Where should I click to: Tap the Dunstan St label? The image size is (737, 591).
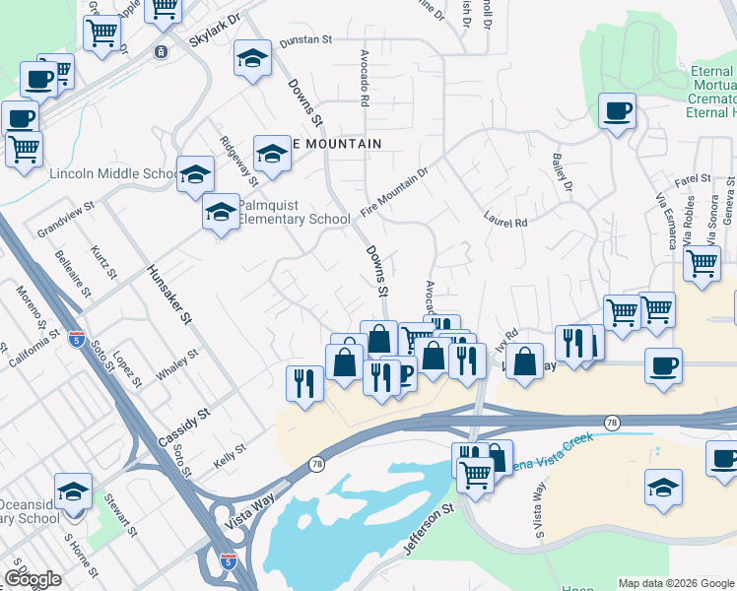305,40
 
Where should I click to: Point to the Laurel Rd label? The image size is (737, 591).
505,221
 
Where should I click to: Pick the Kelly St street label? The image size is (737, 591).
229,454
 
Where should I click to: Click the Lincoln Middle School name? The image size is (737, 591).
111,175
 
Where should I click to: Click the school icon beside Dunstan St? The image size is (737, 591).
252,58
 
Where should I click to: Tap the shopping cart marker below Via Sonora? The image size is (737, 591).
701,263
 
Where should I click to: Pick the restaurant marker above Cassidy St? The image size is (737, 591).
304,380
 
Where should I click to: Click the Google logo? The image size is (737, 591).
33,579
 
